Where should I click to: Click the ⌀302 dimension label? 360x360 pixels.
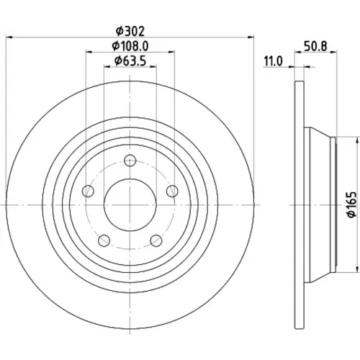click(130, 31)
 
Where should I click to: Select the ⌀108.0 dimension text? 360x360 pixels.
click(130, 45)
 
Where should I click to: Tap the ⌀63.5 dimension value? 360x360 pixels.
click(130, 60)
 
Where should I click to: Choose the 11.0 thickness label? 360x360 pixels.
click(274, 61)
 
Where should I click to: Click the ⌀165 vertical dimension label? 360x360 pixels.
click(352, 204)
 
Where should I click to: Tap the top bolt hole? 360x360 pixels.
click(130, 161)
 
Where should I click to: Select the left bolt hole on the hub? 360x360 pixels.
click(88, 191)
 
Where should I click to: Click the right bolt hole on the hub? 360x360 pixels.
click(172, 191)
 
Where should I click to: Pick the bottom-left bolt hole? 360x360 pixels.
click(104, 240)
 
